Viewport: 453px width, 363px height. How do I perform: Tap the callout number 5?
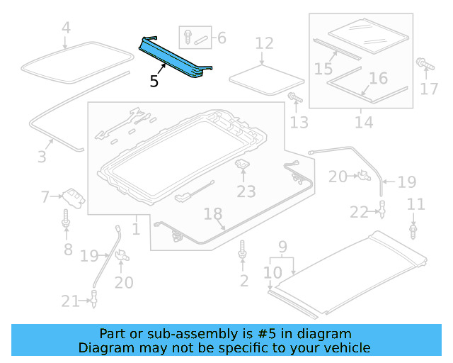(154, 81)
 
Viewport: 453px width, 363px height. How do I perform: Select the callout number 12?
(263, 44)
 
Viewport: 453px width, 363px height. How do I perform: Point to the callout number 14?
(364, 122)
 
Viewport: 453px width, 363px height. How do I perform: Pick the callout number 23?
(246, 191)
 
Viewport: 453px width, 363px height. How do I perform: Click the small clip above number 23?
(243, 164)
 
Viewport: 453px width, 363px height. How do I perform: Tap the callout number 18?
(212, 213)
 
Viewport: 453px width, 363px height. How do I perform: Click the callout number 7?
(45, 196)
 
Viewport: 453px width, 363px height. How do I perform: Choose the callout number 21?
(70, 301)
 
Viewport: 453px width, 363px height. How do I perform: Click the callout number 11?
(416, 205)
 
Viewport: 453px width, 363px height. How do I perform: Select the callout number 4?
(66, 29)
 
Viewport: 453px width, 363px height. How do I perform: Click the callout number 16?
(379, 78)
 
